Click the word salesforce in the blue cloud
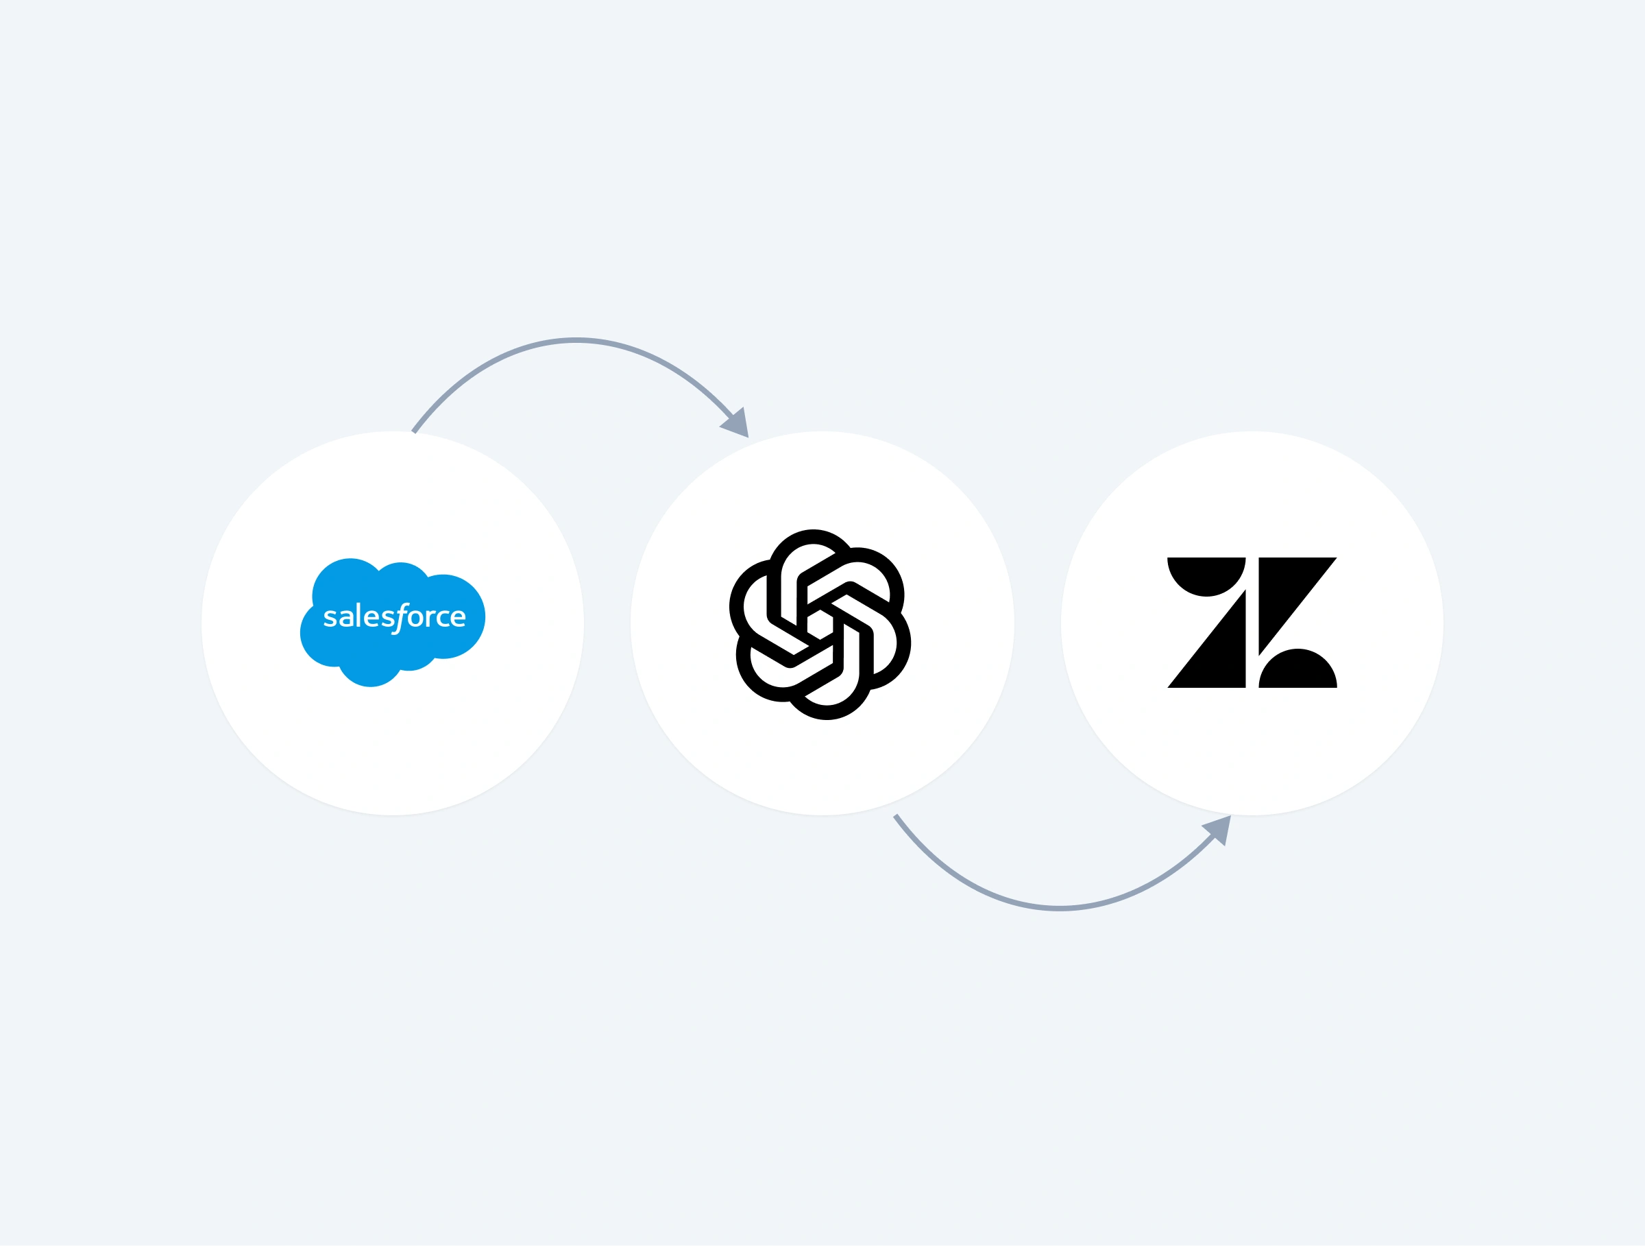point(394,616)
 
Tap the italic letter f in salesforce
point(402,617)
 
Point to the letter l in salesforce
point(358,614)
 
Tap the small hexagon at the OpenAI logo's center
point(820,624)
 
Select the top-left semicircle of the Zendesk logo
point(1206,573)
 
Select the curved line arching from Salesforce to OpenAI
point(576,342)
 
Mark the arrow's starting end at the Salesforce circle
point(414,431)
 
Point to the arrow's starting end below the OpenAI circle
point(896,817)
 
